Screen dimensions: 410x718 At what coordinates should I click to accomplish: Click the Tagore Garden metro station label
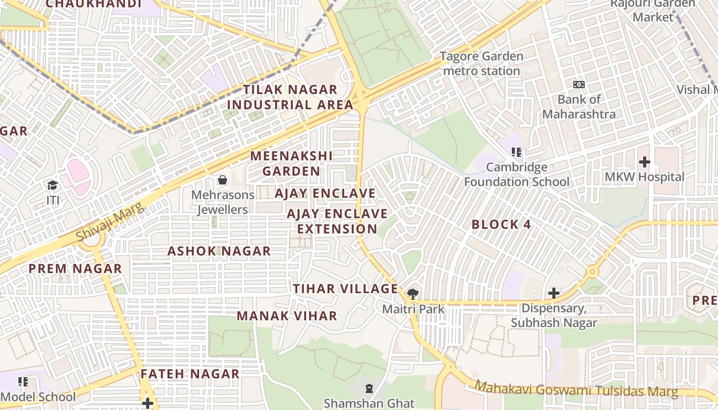click(x=481, y=64)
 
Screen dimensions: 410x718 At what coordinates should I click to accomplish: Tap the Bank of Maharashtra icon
click(x=579, y=85)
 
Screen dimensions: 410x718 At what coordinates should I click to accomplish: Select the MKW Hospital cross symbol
click(x=645, y=162)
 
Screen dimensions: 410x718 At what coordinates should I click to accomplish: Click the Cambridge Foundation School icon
click(x=516, y=152)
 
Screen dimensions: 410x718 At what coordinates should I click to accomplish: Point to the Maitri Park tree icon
click(x=412, y=294)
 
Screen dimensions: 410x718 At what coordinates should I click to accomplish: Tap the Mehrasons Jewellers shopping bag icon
click(x=223, y=180)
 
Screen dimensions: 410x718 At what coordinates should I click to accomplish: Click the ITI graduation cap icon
click(x=53, y=185)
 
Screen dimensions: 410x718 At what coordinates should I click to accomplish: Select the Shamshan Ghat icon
click(x=369, y=389)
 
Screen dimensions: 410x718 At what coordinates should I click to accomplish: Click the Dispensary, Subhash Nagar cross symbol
click(x=553, y=293)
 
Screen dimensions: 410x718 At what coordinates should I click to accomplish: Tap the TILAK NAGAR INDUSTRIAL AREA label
click(x=290, y=97)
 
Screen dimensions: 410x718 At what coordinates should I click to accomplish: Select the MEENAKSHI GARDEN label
click(x=291, y=163)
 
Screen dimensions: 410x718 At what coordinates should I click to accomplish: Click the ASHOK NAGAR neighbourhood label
click(x=219, y=251)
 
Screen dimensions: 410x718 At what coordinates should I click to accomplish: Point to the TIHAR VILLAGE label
click(x=346, y=289)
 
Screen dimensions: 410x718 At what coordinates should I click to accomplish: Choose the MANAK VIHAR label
click(x=287, y=316)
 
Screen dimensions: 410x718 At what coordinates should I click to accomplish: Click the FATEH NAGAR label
click(x=190, y=374)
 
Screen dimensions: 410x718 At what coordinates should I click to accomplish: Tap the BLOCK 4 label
click(x=501, y=224)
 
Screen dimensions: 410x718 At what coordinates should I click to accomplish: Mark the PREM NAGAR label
click(x=75, y=269)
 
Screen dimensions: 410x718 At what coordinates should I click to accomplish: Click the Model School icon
click(x=23, y=382)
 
